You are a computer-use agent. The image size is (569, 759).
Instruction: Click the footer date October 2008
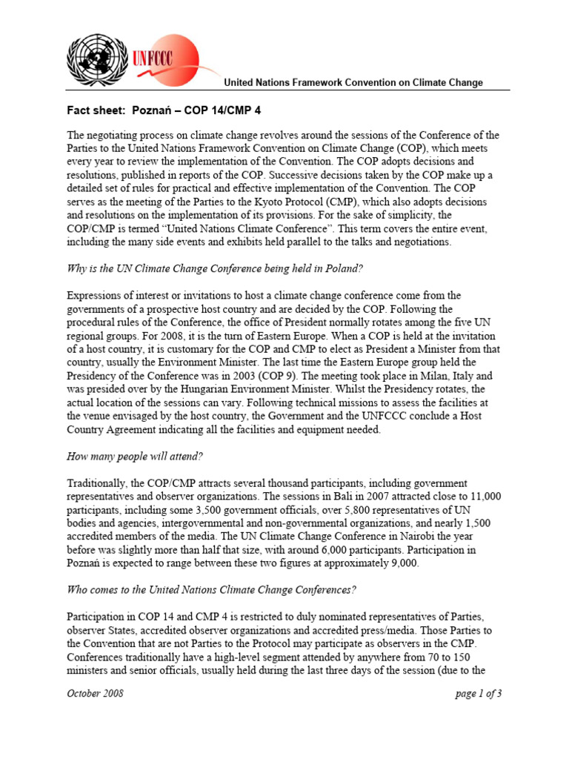point(95,694)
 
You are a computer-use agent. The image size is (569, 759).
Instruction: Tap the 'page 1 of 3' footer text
point(477,694)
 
